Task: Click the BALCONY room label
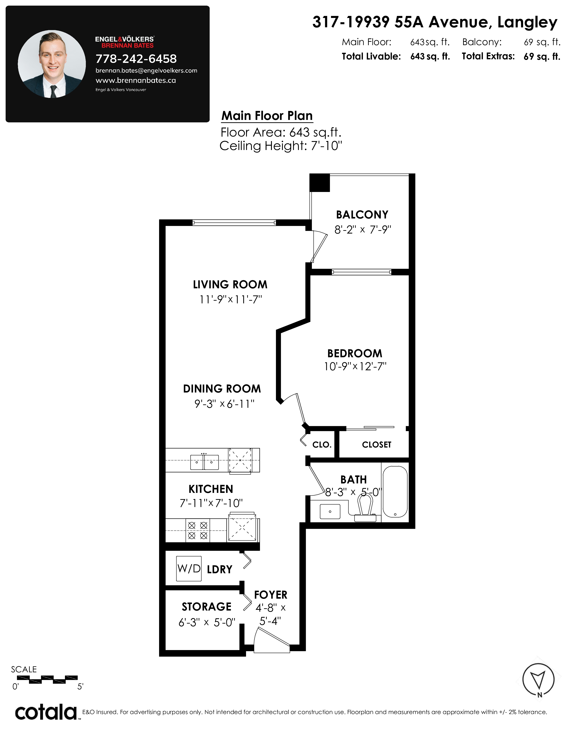[x=362, y=215]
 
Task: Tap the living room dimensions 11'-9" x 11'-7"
[x=231, y=300]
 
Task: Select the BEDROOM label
[x=355, y=353]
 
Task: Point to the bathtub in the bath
[x=395, y=492]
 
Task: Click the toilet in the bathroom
[x=365, y=507]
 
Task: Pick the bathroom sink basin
[x=330, y=511]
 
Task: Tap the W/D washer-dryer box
[x=189, y=568]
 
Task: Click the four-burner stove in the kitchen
[x=198, y=530]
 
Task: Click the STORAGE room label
[x=206, y=607]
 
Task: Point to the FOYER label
[x=271, y=595]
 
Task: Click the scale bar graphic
[x=47, y=680]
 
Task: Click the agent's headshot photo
[x=52, y=64]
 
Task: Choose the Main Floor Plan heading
[x=267, y=116]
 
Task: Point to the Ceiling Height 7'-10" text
[x=281, y=146]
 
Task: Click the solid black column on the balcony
[x=320, y=183]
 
